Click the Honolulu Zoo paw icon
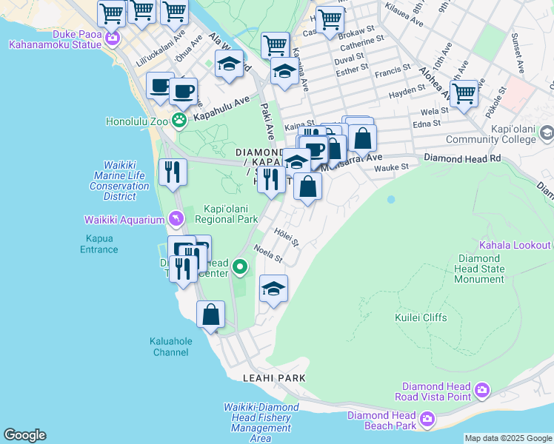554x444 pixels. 178,120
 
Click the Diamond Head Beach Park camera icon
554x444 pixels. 427,420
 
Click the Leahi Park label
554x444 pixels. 274,377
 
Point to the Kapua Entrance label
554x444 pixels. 99,244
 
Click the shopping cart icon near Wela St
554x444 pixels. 464,94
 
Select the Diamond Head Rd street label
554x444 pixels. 462,158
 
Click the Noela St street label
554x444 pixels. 267,254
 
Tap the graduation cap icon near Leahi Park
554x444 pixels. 273,289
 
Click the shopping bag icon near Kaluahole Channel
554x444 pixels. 211,314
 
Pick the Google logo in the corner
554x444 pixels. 24,435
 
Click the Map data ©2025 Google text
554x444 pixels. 507,438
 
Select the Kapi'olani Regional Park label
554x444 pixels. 226,214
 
